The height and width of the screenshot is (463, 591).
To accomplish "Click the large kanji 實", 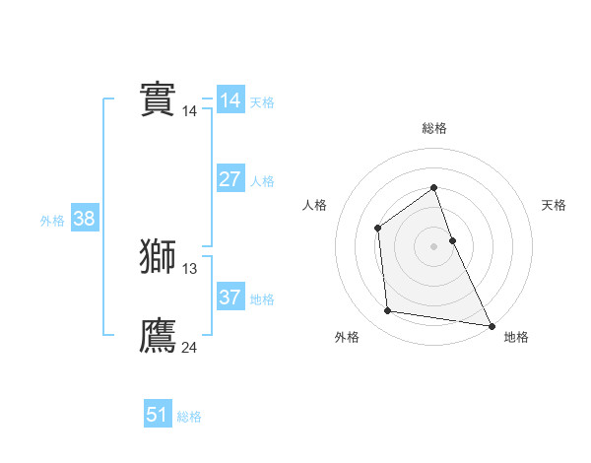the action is click(x=158, y=99).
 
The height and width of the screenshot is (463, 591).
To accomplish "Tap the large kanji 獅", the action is click(x=158, y=257).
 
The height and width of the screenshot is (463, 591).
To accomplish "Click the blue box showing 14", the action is click(x=230, y=100).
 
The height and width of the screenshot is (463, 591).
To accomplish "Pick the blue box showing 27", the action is click(x=230, y=179).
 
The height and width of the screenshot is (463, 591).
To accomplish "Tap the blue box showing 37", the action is click(x=230, y=298).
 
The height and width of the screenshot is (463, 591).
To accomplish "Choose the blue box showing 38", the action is click(x=84, y=219).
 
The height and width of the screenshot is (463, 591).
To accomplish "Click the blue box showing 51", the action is click(x=158, y=415).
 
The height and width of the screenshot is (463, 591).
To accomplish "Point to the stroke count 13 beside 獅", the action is click(x=190, y=269).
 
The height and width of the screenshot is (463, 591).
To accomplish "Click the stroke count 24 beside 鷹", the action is click(x=190, y=347).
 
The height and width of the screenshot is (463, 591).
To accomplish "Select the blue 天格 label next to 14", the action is click(x=262, y=102).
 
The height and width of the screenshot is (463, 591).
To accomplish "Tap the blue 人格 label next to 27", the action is click(x=262, y=181).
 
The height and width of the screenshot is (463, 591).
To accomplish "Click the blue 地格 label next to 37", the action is click(x=262, y=299).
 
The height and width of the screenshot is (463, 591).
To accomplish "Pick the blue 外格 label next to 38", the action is click(x=52, y=221).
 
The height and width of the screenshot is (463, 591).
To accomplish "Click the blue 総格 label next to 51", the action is click(x=189, y=417).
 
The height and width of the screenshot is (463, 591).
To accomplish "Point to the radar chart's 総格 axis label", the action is click(x=434, y=128).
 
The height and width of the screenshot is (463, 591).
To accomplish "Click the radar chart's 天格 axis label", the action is click(x=555, y=205).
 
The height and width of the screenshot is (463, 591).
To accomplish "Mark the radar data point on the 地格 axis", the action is click(x=492, y=324).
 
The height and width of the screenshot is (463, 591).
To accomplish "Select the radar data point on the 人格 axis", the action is click(x=378, y=229).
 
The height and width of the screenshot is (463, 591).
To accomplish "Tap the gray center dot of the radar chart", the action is click(x=434, y=246).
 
